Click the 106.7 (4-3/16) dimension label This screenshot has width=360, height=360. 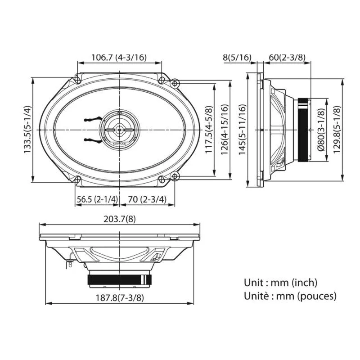[119, 58]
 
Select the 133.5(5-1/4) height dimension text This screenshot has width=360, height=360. [27, 130]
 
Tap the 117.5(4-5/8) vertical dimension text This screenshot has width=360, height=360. [209, 130]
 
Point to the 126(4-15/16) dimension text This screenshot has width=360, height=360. [225, 130]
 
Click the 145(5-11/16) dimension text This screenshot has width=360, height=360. [243, 130]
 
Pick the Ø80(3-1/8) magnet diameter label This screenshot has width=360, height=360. [321, 130]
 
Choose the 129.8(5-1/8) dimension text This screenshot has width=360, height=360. [337, 130]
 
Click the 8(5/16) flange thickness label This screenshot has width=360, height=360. [237, 58]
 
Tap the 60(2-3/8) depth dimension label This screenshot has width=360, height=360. [287, 58]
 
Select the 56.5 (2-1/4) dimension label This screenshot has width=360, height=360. [97, 199]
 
